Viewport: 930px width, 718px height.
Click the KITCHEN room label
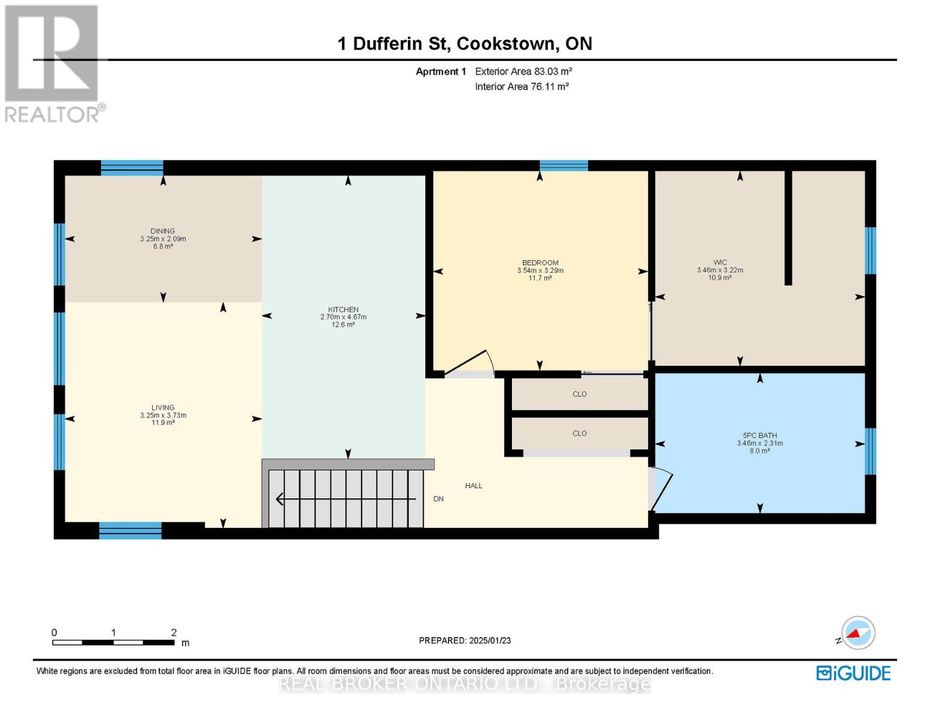[343, 309]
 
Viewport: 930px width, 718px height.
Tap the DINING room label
[163, 231]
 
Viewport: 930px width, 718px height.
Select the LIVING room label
[163, 407]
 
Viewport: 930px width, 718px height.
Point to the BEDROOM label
[540, 263]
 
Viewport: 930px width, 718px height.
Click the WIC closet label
[720, 262]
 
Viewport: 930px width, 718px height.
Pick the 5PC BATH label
[760, 436]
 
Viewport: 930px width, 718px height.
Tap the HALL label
[474, 486]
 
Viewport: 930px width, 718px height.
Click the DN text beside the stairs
[438, 499]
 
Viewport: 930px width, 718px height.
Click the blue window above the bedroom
[564, 166]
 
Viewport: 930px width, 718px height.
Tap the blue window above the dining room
[132, 167]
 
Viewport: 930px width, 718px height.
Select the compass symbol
[858, 633]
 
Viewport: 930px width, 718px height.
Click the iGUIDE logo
[853, 673]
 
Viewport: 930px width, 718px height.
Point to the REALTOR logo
[53, 63]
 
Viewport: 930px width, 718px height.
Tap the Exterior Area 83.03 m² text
[523, 71]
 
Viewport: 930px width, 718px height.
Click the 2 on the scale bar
[174, 632]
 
